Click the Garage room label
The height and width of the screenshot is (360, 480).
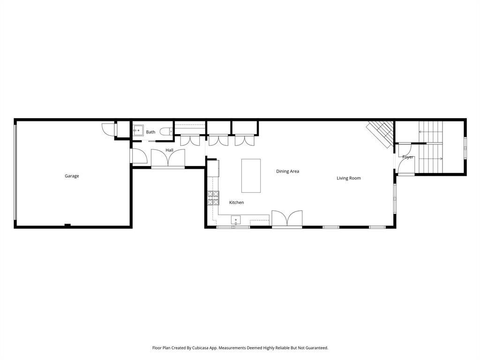click(72, 176)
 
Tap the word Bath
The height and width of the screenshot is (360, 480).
click(150, 132)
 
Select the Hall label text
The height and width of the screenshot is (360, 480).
click(169, 150)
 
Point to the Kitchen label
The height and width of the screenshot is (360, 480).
click(236, 202)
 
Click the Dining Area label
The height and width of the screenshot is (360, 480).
click(287, 172)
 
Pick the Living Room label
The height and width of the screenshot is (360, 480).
click(348, 178)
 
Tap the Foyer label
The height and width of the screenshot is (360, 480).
click(407, 157)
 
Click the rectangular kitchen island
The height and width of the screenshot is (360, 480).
click(251, 176)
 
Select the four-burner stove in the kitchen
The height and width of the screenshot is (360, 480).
click(213, 198)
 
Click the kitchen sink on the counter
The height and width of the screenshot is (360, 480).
click(235, 220)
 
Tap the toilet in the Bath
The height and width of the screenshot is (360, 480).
click(166, 132)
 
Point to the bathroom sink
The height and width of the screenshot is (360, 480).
click(138, 130)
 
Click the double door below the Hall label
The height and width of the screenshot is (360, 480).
click(168, 160)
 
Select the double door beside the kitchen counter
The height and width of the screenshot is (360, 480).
click(287, 219)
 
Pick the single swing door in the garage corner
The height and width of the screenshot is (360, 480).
click(108, 129)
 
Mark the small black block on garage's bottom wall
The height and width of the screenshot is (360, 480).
click(67, 225)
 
